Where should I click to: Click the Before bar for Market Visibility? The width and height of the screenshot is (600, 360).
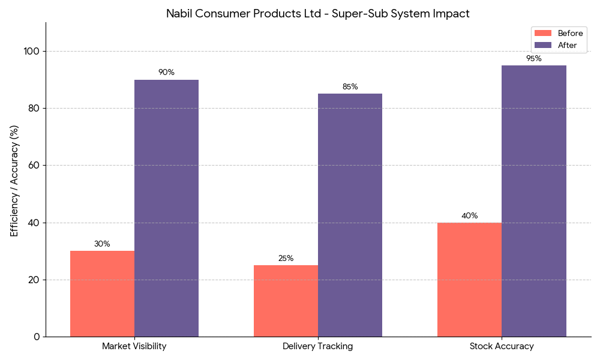coord(102,294)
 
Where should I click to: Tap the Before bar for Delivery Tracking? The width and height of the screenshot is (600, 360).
coord(286,301)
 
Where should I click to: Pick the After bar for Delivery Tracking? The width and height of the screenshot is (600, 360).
coord(350,215)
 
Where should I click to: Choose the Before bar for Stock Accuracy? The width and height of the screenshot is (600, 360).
coord(469,280)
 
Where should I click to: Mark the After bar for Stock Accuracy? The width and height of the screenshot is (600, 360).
coord(533,201)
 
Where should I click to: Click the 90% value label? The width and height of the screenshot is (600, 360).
coord(166,73)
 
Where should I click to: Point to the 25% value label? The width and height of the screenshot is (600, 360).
coord(286,259)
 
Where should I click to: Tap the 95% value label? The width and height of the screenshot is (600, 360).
coord(533,59)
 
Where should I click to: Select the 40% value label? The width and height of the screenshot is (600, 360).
coord(469,216)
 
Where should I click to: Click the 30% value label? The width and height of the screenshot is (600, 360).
coord(102,244)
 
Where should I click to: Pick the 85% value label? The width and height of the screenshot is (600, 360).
coord(350,87)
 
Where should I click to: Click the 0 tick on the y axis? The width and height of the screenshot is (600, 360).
coord(37,337)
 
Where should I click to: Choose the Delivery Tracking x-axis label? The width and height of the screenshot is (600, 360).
coord(318,346)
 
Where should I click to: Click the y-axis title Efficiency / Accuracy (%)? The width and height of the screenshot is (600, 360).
coord(14,181)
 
